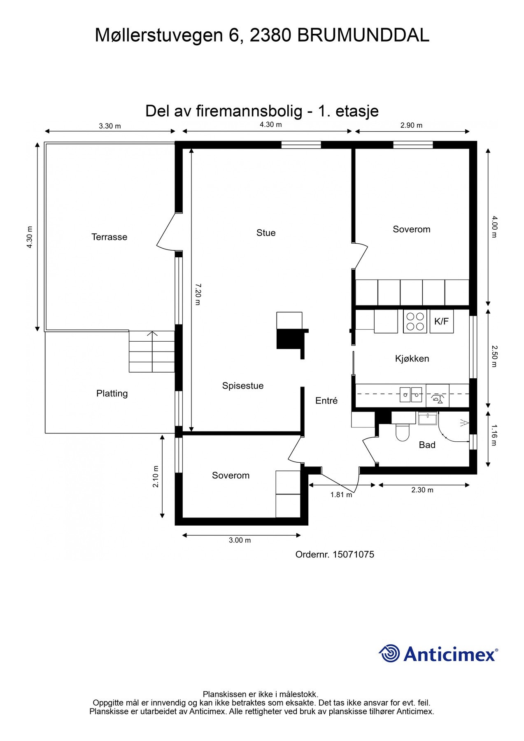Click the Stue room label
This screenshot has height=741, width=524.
coord(266,233)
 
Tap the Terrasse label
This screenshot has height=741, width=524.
coord(109,237)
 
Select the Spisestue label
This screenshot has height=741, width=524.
coord(243,386)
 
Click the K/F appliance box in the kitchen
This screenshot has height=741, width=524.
coord(441,322)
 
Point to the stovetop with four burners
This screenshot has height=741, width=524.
coord(415,322)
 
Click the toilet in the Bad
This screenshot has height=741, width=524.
coord(401,432)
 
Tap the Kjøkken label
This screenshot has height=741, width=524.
coord(412,359)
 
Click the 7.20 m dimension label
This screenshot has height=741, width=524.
coord(198,294)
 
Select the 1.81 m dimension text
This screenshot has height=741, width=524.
coord(341,495)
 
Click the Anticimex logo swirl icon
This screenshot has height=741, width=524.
coord(389,653)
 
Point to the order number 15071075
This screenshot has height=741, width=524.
coord(353,555)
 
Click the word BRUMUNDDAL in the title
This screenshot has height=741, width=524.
coord(363,35)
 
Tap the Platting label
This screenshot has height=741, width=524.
coord(112,394)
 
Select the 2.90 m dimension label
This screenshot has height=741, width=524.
coord(411,126)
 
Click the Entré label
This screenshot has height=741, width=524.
coord(326,401)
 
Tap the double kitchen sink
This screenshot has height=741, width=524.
coord(411,395)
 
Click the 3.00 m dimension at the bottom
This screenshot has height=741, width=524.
coord(240,540)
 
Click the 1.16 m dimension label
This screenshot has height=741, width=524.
coord(494,435)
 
